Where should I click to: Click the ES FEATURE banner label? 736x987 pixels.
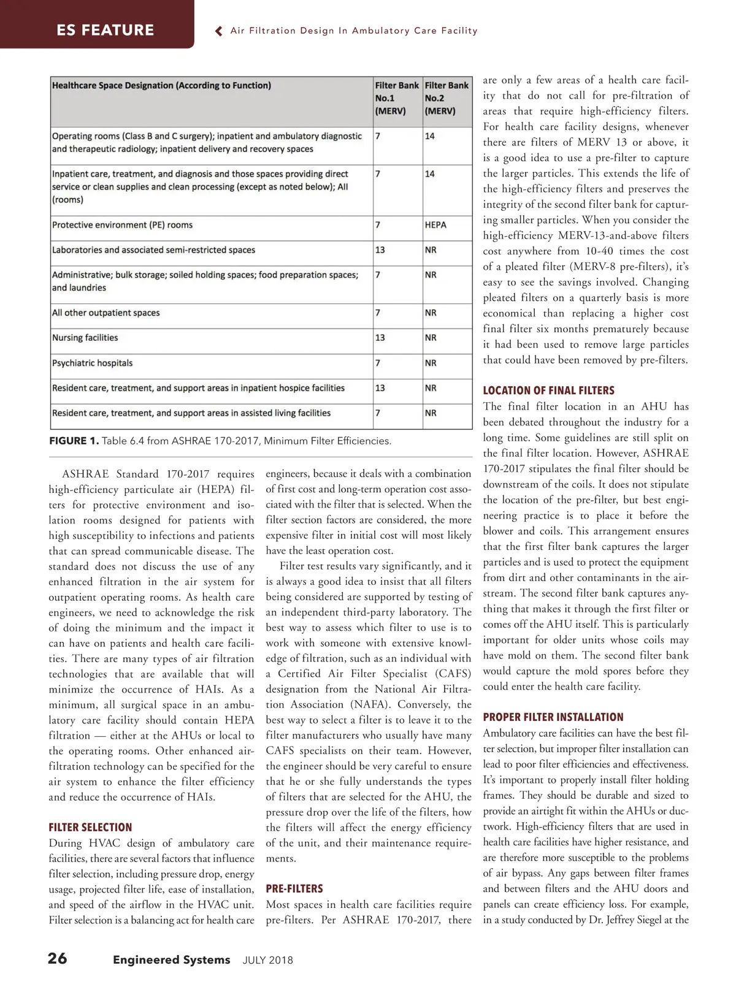pyautogui.click(x=105, y=30)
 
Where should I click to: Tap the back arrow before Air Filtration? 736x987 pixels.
pyautogui.click(x=219, y=31)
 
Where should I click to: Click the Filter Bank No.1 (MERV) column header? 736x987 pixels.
pyautogui.click(x=397, y=98)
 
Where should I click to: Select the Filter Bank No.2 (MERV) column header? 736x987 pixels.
pyautogui.click(x=447, y=98)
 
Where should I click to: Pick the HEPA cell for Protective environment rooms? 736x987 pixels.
pyautogui.click(x=435, y=225)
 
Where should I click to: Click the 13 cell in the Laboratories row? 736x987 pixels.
pyautogui.click(x=380, y=250)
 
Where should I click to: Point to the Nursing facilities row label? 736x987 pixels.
pyautogui.click(x=85, y=338)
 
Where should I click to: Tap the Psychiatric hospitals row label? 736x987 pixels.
pyautogui.click(x=93, y=363)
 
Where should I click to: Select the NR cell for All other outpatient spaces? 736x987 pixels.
pyautogui.click(x=431, y=313)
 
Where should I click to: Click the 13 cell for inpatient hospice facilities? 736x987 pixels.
pyautogui.click(x=380, y=388)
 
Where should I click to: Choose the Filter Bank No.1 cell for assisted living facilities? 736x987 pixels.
pyautogui.click(x=378, y=413)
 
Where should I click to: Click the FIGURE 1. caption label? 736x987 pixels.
pyautogui.click(x=74, y=441)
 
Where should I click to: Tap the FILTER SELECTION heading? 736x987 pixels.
pyautogui.click(x=90, y=828)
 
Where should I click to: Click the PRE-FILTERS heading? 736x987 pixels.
pyautogui.click(x=294, y=889)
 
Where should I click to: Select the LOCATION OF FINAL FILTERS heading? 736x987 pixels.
pyautogui.click(x=548, y=391)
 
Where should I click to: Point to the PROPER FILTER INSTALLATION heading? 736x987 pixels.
pyautogui.click(x=553, y=717)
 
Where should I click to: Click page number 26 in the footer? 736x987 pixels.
pyautogui.click(x=58, y=959)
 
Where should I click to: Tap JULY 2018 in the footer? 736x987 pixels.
pyautogui.click(x=268, y=961)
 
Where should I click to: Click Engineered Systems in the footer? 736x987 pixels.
pyautogui.click(x=172, y=960)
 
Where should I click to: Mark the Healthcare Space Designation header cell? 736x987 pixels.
pyautogui.click(x=162, y=86)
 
